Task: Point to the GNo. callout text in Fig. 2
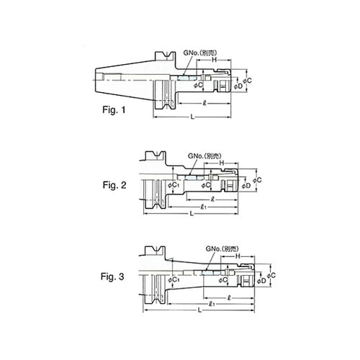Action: pos(201,156)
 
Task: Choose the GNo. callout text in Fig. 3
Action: pos(224,247)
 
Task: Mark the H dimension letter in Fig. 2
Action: pos(221,163)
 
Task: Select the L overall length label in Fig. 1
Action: pos(189,117)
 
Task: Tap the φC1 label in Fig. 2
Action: pos(172,186)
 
